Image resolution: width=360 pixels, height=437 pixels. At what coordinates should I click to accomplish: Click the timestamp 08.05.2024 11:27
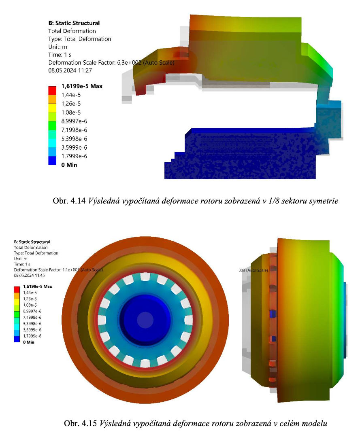coord(70,70)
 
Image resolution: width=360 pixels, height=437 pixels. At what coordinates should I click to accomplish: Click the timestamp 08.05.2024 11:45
coord(29,276)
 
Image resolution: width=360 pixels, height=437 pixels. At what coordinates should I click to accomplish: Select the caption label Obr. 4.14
coord(69,201)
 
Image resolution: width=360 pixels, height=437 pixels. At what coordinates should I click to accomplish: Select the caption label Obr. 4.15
coord(80,423)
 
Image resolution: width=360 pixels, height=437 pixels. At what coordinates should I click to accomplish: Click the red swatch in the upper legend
coord(52,91)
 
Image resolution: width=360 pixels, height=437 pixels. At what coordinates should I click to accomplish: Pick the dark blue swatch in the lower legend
coord(17,339)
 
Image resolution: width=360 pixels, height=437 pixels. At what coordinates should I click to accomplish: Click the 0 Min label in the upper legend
coord(69,165)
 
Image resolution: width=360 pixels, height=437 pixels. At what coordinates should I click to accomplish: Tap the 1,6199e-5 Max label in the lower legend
coord(38,286)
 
